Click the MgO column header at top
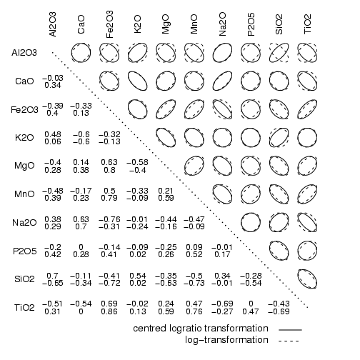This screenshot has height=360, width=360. point(165,24)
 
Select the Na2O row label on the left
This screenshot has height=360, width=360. point(24,223)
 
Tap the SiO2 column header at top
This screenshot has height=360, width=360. point(279,24)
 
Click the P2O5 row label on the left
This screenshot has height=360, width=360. point(25,251)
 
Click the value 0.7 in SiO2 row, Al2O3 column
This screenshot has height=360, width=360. point(52,276)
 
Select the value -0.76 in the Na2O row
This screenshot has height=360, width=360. point(109,219)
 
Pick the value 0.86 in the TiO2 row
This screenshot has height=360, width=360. point(109,311)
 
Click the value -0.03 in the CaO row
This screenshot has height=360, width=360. point(53,78)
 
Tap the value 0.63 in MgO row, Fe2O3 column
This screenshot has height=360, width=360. point(109,162)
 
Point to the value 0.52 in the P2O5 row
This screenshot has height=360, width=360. point(194,254)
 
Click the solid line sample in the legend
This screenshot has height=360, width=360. point(290,330)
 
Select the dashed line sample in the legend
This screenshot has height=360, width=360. point(289,341)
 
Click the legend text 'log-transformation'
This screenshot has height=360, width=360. point(226,340)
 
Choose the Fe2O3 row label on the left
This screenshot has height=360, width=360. point(24,110)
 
